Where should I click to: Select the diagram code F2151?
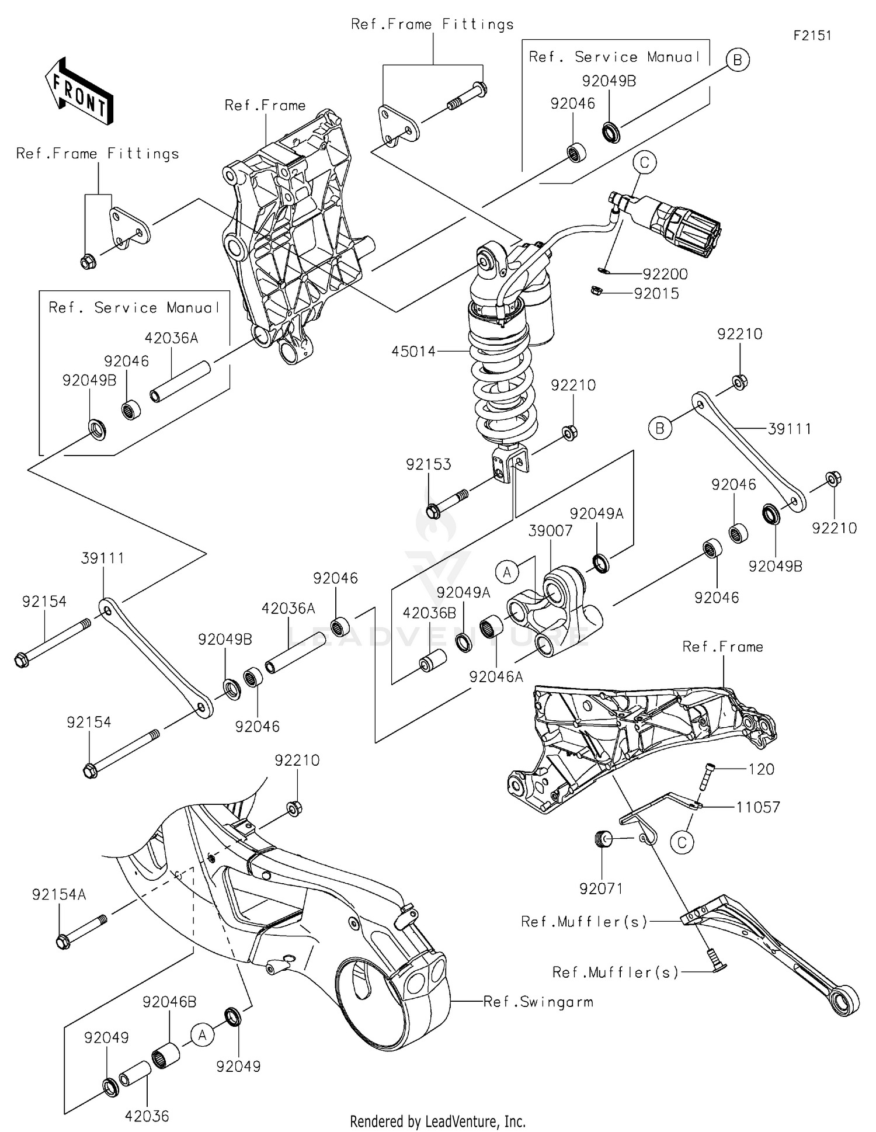pyautogui.click(x=812, y=36)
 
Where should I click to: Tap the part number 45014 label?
pyautogui.click(x=413, y=352)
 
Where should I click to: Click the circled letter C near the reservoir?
pyautogui.click(x=645, y=162)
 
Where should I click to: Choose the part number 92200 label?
pyautogui.click(x=665, y=274)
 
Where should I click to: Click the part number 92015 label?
pyautogui.click(x=656, y=294)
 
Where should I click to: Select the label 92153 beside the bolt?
pyautogui.click(x=428, y=464)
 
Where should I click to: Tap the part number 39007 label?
pyautogui.click(x=550, y=531)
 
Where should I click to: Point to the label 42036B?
pyautogui.click(x=429, y=613)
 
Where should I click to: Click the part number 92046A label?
pyautogui.click(x=496, y=676)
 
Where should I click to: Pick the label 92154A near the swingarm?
pyautogui.click(x=59, y=895)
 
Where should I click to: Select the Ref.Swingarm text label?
pyautogui.click(x=538, y=1002)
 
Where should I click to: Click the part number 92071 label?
pyautogui.click(x=601, y=889)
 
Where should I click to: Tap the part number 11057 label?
pyautogui.click(x=757, y=807)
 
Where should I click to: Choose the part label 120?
pyautogui.click(x=761, y=769)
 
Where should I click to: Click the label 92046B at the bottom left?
pyautogui.click(x=169, y=1002)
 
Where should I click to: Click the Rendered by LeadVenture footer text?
pyautogui.click(x=437, y=1121)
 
